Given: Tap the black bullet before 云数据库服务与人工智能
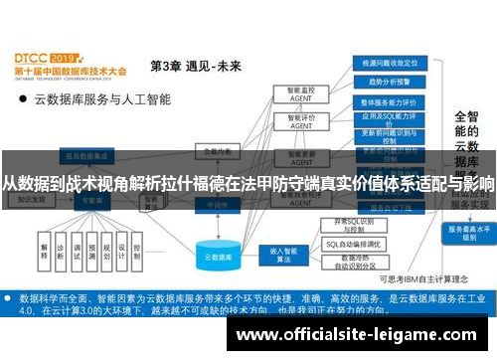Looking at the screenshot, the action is (x=22, y=100).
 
